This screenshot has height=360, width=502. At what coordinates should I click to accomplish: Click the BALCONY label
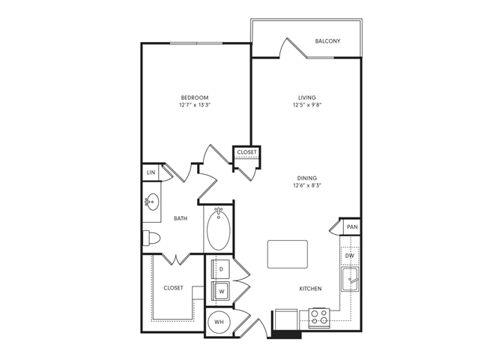click(327, 40)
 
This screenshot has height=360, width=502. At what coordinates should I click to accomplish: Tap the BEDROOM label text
click(194, 97)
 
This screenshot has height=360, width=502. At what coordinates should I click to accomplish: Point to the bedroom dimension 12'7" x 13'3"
click(194, 105)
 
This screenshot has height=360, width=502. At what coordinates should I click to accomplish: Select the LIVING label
click(307, 97)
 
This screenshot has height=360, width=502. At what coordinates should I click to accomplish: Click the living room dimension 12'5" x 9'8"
click(307, 105)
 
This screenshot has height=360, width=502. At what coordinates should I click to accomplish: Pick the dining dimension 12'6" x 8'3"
click(308, 186)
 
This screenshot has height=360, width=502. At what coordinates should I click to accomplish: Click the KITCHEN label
click(310, 288)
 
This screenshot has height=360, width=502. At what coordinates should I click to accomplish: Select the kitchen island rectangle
click(288, 254)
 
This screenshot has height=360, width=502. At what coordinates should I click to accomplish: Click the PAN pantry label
click(351, 226)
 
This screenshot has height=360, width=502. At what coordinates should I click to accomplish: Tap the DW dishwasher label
click(350, 256)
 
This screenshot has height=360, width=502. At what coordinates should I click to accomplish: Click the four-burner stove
click(320, 316)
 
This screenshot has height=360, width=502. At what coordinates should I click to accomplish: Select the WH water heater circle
click(220, 322)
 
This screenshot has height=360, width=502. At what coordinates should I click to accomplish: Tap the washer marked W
click(221, 289)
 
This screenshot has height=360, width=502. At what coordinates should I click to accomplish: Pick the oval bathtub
click(220, 230)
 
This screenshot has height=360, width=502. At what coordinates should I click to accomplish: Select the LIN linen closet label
click(151, 172)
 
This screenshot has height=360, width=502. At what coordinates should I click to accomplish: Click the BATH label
click(181, 218)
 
